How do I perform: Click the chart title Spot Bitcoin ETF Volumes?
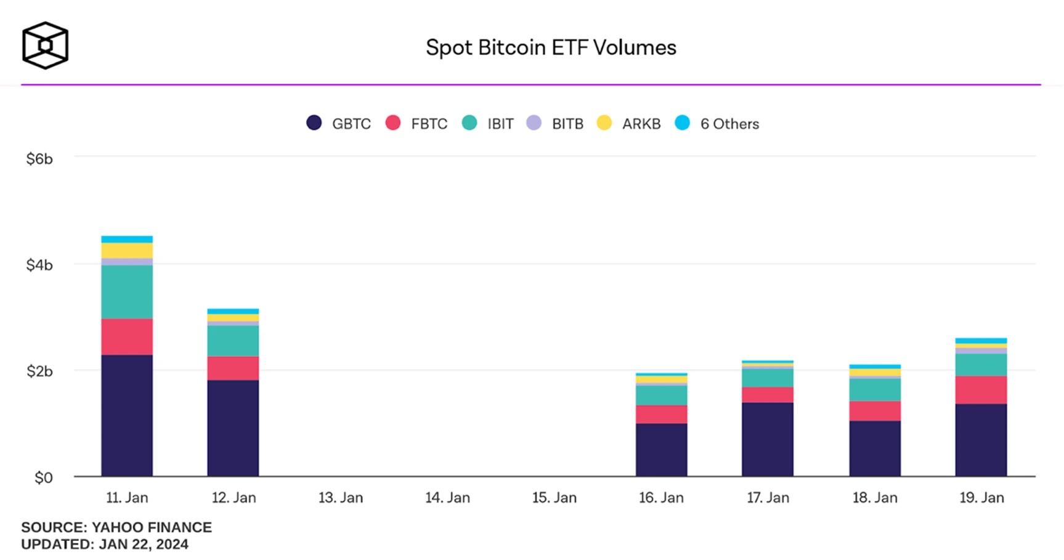tap(551, 47)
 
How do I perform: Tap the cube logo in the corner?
tap(45, 46)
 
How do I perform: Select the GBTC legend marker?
tap(314, 123)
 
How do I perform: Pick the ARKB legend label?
tap(641, 124)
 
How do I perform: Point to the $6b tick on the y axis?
tap(39, 159)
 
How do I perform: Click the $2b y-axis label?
tap(39, 371)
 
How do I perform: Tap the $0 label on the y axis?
tap(43, 477)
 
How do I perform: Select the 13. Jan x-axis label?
tap(341, 498)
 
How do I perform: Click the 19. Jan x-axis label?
tap(981, 498)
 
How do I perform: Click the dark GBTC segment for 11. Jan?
tap(127, 415)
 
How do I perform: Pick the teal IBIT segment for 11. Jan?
tap(127, 291)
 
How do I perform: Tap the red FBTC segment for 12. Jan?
tap(233, 368)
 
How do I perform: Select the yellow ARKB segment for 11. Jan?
tap(127, 251)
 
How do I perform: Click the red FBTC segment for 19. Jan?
tap(981, 389)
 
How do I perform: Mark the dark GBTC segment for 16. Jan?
tap(661, 450)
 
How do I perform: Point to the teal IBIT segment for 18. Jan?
tap(875, 389)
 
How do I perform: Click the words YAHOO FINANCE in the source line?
tap(152, 527)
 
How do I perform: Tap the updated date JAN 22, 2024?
tap(144, 545)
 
